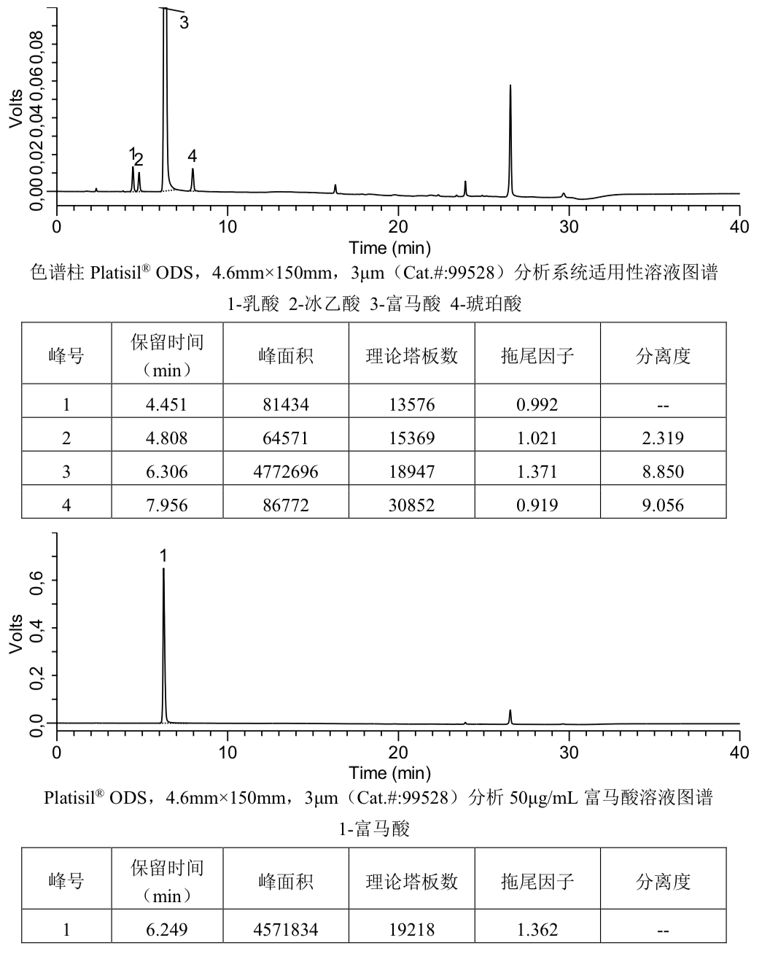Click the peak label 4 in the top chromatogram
(x=192, y=156)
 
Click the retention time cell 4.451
(x=167, y=405)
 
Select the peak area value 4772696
(x=285, y=471)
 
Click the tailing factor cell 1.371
(x=537, y=471)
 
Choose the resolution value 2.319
(x=664, y=438)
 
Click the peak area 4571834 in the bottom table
(x=285, y=930)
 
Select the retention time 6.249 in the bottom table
(x=167, y=930)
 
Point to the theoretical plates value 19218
(x=411, y=930)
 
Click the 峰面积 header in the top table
(x=285, y=356)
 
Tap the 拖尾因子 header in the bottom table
(x=537, y=882)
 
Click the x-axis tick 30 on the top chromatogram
(x=569, y=226)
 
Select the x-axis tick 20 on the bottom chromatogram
(x=398, y=753)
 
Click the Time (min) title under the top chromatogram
(x=389, y=248)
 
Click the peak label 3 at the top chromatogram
(x=184, y=23)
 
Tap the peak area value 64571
(x=285, y=438)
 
